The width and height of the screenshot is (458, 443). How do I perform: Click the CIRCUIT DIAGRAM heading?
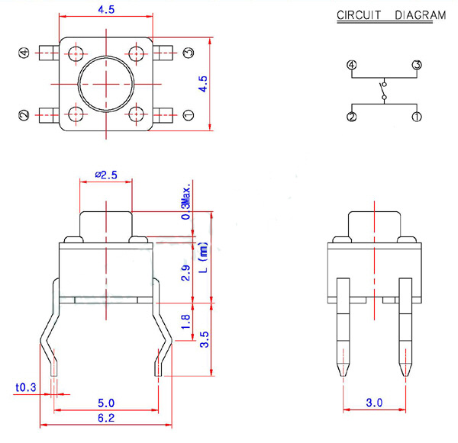click(x=391, y=15)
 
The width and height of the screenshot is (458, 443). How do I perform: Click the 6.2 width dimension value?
click(x=106, y=418)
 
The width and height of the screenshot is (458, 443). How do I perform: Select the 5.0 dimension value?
click(x=106, y=403)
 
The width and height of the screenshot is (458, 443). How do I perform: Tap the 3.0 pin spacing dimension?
click(x=374, y=403)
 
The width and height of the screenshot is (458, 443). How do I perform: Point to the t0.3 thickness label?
click(x=25, y=387)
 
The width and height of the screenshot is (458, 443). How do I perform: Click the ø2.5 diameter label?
click(x=106, y=175)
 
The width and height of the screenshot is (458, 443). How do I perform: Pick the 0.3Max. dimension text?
click(x=185, y=201)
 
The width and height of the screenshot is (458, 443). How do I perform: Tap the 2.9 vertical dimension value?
click(x=185, y=271)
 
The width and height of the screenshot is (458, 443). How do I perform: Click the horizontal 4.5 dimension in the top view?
click(x=106, y=10)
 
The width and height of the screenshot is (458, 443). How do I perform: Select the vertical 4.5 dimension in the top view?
click(x=202, y=83)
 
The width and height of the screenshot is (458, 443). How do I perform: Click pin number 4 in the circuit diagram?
click(x=352, y=65)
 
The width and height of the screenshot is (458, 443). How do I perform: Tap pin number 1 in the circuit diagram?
click(x=417, y=117)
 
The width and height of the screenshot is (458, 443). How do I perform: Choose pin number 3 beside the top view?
click(x=189, y=53)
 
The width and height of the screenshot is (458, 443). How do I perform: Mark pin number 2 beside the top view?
click(x=23, y=115)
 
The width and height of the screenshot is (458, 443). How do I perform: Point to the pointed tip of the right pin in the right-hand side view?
click(x=405, y=373)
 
